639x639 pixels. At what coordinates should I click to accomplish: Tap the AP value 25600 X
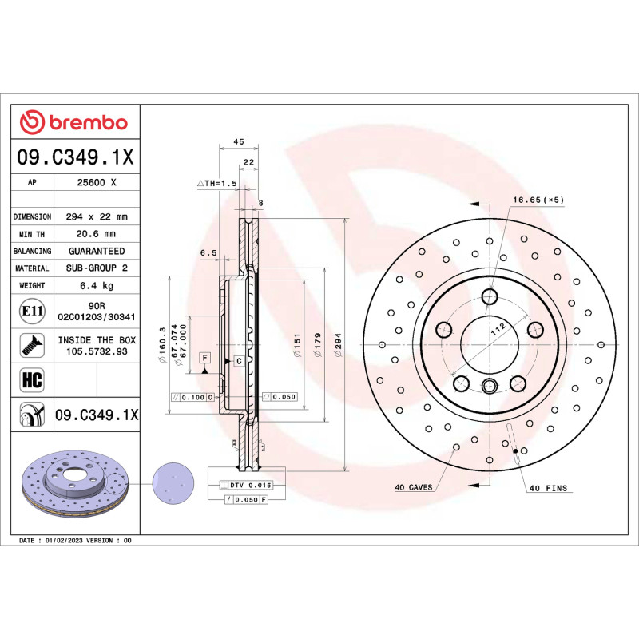tap(96, 183)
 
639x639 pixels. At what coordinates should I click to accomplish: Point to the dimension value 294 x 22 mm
tap(96, 216)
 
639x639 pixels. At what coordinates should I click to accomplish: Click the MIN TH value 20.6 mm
tap(96, 234)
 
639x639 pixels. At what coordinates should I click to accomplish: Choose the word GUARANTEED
tap(96, 251)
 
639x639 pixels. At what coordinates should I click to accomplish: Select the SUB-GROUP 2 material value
tap(96, 268)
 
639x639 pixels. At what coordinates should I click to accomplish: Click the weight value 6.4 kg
tap(96, 285)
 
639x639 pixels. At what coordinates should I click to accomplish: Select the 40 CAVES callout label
tap(413, 486)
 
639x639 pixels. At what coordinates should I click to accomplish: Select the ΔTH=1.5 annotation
tap(218, 183)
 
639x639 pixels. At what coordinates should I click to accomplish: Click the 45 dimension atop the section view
tap(237, 141)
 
